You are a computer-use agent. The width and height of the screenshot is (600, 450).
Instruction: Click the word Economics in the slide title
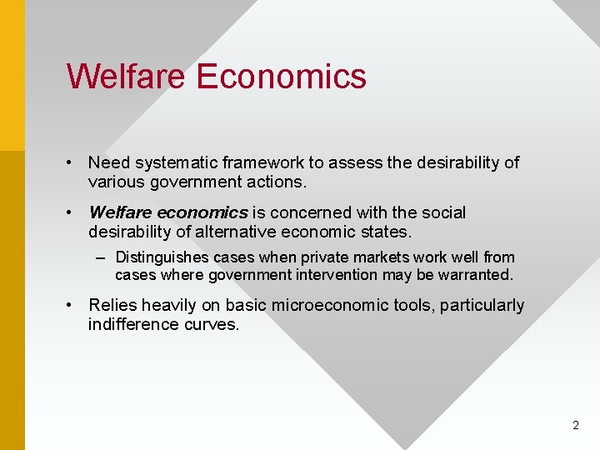pos(282,76)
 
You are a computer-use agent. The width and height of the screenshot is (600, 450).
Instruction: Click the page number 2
pos(575,425)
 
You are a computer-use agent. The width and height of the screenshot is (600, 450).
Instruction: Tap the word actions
pos(277,182)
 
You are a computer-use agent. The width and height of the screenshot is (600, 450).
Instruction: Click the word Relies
pos(112,306)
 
